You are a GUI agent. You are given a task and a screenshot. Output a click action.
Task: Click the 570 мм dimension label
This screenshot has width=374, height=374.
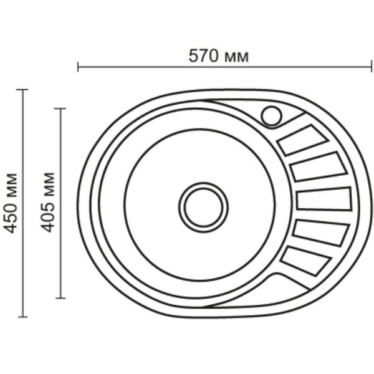pyautogui.click(x=219, y=56)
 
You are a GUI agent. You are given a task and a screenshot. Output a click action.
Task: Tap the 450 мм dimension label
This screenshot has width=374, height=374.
pyautogui.click(x=11, y=203)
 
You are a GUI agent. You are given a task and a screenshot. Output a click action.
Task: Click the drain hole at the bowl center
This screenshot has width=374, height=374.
pyautogui.click(x=203, y=208)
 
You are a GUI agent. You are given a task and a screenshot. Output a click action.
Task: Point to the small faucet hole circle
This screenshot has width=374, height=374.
pyautogui.click(x=271, y=116)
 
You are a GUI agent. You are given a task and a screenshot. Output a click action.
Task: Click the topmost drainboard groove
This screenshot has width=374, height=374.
pyautogui.click(x=302, y=140)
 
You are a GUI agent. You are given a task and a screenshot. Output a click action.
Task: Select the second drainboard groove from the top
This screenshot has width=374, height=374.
pyautogui.click(x=319, y=166)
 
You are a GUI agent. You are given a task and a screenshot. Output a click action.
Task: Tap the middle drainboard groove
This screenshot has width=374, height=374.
pyautogui.click(x=324, y=199)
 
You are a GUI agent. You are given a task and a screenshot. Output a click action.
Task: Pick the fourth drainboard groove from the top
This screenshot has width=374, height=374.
pyautogui.click(x=321, y=233)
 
